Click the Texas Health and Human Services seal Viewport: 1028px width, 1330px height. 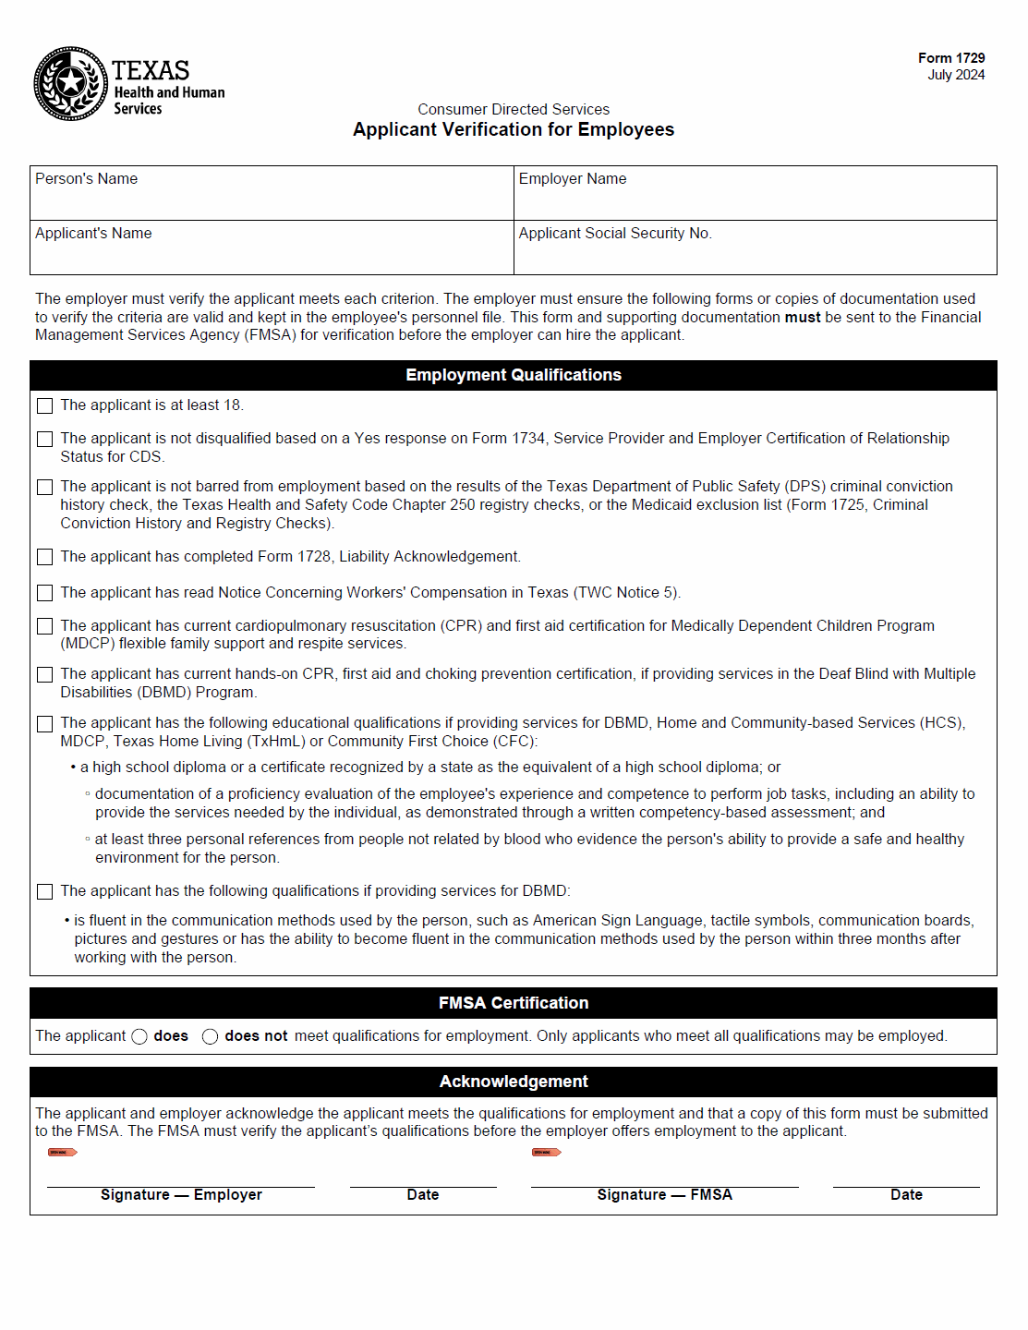coord(70,83)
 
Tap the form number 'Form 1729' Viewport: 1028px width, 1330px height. coord(950,58)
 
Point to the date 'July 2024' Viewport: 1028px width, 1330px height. coord(955,75)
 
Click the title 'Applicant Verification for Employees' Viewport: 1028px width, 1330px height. coord(514,130)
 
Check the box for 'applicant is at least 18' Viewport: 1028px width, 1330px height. coord(44,405)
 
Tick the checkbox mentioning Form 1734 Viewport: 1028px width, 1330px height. coord(44,439)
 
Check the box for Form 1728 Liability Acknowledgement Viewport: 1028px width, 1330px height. coord(44,557)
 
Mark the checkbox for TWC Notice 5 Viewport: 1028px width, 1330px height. coord(44,593)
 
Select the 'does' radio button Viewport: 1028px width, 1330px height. coord(139,1036)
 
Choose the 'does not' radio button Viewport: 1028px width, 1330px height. coord(211,1036)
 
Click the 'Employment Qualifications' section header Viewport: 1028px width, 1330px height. coord(514,375)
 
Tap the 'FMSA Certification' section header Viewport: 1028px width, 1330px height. coord(514,1003)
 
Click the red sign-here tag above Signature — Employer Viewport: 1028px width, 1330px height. coord(62,1152)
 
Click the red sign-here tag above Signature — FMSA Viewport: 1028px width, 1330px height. coord(546,1152)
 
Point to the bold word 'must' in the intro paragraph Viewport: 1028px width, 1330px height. coord(802,318)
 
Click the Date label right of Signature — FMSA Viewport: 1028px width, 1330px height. coord(906,1195)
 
